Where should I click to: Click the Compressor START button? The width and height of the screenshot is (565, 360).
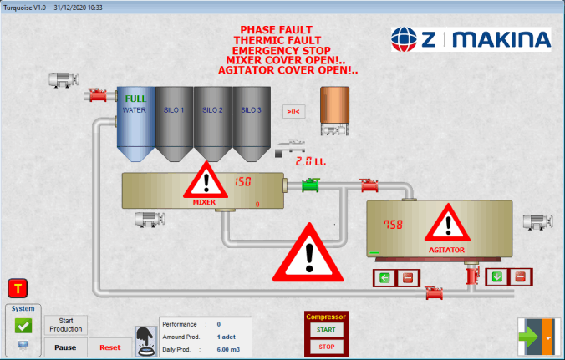(x=326, y=330)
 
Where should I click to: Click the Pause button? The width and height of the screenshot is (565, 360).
(x=66, y=347)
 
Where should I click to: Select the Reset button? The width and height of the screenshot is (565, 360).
(x=110, y=347)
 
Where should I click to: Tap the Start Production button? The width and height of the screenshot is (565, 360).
(x=66, y=325)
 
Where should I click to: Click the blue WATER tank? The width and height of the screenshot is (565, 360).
(x=134, y=122)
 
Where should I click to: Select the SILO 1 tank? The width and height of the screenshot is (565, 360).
(x=174, y=122)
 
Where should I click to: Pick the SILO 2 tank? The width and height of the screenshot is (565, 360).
(x=212, y=122)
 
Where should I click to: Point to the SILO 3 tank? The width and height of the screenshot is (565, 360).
(x=252, y=122)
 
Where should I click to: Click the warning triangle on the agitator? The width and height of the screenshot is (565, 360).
(x=449, y=224)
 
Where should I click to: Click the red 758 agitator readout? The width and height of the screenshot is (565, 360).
(x=393, y=225)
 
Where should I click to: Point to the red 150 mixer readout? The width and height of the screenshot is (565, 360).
(x=242, y=182)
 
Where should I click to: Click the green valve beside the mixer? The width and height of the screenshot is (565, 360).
(x=311, y=185)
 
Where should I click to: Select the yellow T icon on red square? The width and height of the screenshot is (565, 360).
(x=17, y=289)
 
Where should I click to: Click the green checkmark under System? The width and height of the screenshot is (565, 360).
(x=23, y=327)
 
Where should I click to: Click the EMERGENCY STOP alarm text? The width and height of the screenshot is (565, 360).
(x=287, y=50)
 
